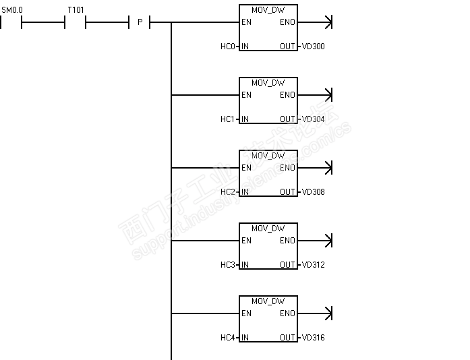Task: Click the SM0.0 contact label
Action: (x=11, y=11)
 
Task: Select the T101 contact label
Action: (x=76, y=11)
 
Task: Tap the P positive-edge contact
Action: (x=140, y=22)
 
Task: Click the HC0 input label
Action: (x=228, y=47)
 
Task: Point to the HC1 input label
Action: (x=228, y=119)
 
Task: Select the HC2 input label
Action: (x=228, y=192)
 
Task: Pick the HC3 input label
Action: (x=228, y=265)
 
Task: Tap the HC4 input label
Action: (x=228, y=338)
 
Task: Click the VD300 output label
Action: (x=313, y=47)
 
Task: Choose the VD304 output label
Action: (x=313, y=119)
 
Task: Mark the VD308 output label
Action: (x=313, y=192)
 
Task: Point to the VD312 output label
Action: (x=313, y=265)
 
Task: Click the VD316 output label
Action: (x=313, y=338)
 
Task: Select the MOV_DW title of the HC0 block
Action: (x=268, y=10)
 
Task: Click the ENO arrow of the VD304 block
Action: (x=328, y=95)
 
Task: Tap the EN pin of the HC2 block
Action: (x=247, y=168)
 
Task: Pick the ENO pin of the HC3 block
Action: (x=287, y=241)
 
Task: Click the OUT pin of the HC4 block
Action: (x=287, y=338)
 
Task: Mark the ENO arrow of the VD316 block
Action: (x=328, y=313)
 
